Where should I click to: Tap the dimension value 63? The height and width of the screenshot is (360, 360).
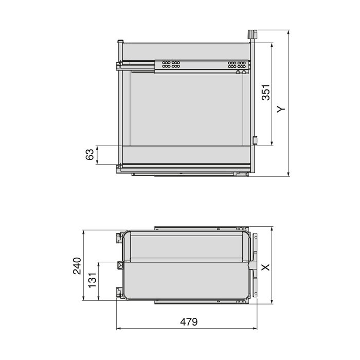[89, 155]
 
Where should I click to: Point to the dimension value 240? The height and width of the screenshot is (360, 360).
[77, 266]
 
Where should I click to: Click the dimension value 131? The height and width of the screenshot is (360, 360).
[93, 281]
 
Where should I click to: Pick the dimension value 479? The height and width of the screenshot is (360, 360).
[189, 322]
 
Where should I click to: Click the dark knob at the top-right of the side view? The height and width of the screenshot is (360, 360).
[252, 34]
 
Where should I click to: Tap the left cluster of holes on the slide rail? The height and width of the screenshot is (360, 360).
[170, 65]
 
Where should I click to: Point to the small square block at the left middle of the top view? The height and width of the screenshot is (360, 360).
[121, 265]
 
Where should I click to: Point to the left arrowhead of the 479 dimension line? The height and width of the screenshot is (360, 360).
[119, 328]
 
